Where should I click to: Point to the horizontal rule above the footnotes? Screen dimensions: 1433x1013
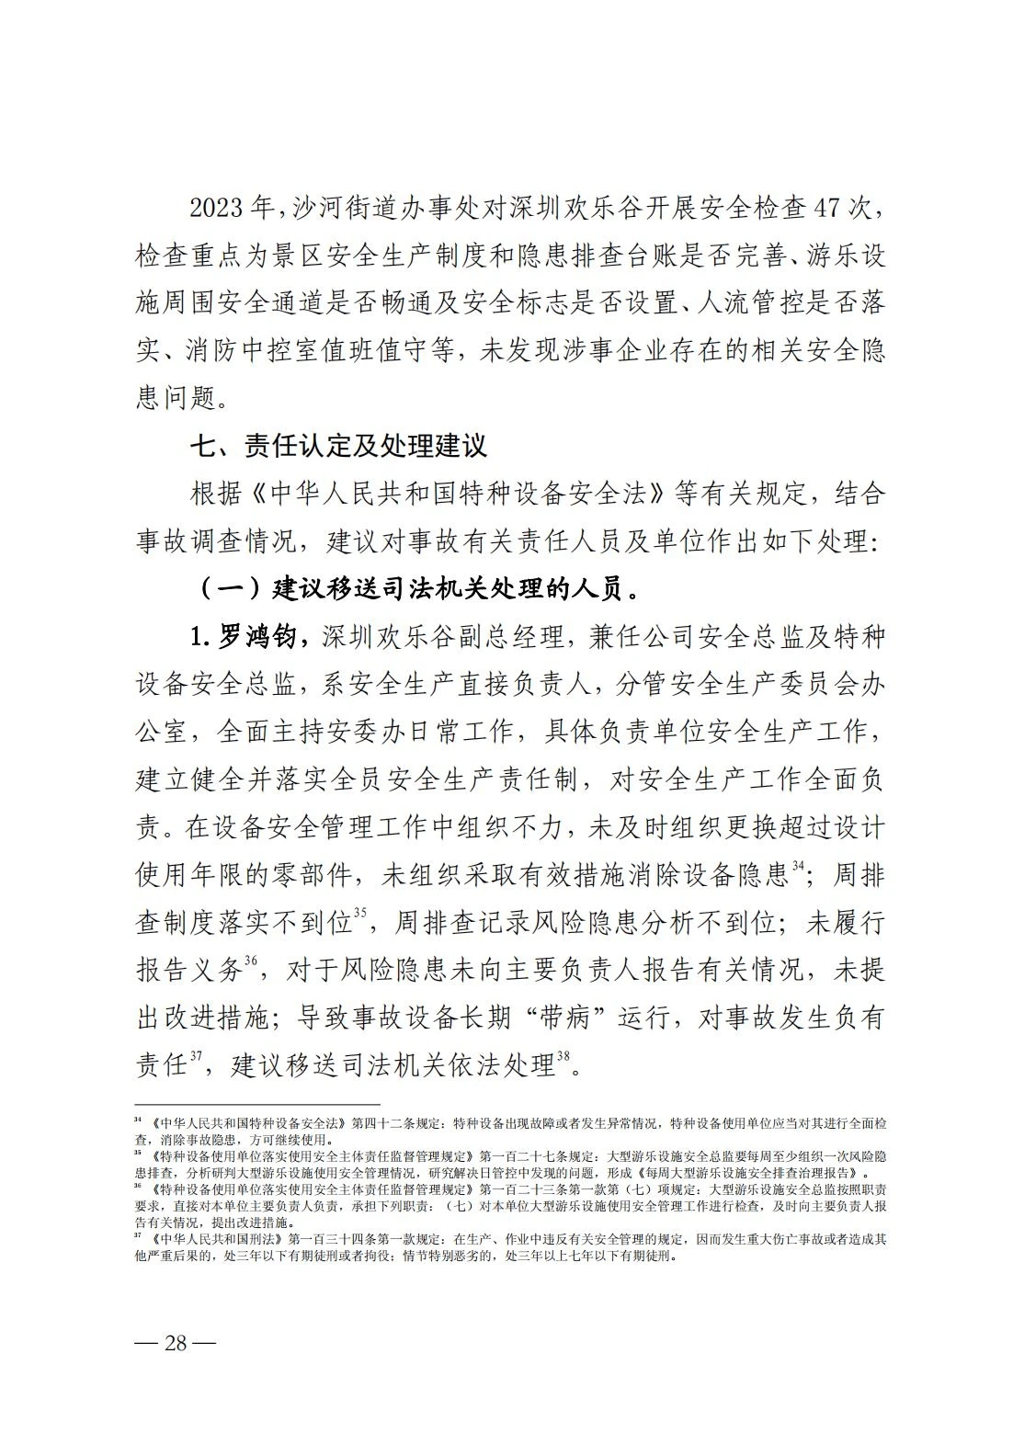click(257, 1105)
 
